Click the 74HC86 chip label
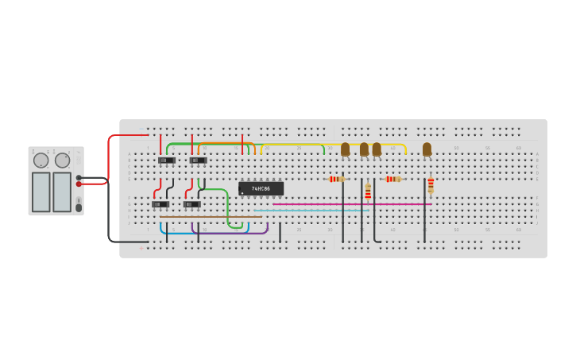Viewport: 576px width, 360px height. point(261,188)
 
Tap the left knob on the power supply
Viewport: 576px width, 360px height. point(41,161)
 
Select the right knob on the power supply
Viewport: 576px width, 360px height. point(62,161)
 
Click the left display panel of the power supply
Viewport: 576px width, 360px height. point(41,192)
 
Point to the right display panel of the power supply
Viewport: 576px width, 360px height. point(62,192)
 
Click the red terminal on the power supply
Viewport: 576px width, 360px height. point(79,184)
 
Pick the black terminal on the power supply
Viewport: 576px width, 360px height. point(79,177)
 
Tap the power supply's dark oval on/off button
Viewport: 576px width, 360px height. point(78,207)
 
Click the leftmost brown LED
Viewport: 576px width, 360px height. point(345,149)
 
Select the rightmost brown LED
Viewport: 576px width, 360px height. point(427,149)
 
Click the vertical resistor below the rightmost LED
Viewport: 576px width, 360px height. point(431,185)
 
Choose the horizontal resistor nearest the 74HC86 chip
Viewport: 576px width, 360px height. point(336,179)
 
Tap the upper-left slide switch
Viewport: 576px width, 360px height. point(166,160)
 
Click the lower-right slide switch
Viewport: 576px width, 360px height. point(191,204)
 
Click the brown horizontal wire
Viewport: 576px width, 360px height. point(211,216)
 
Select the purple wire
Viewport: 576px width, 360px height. point(230,233)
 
